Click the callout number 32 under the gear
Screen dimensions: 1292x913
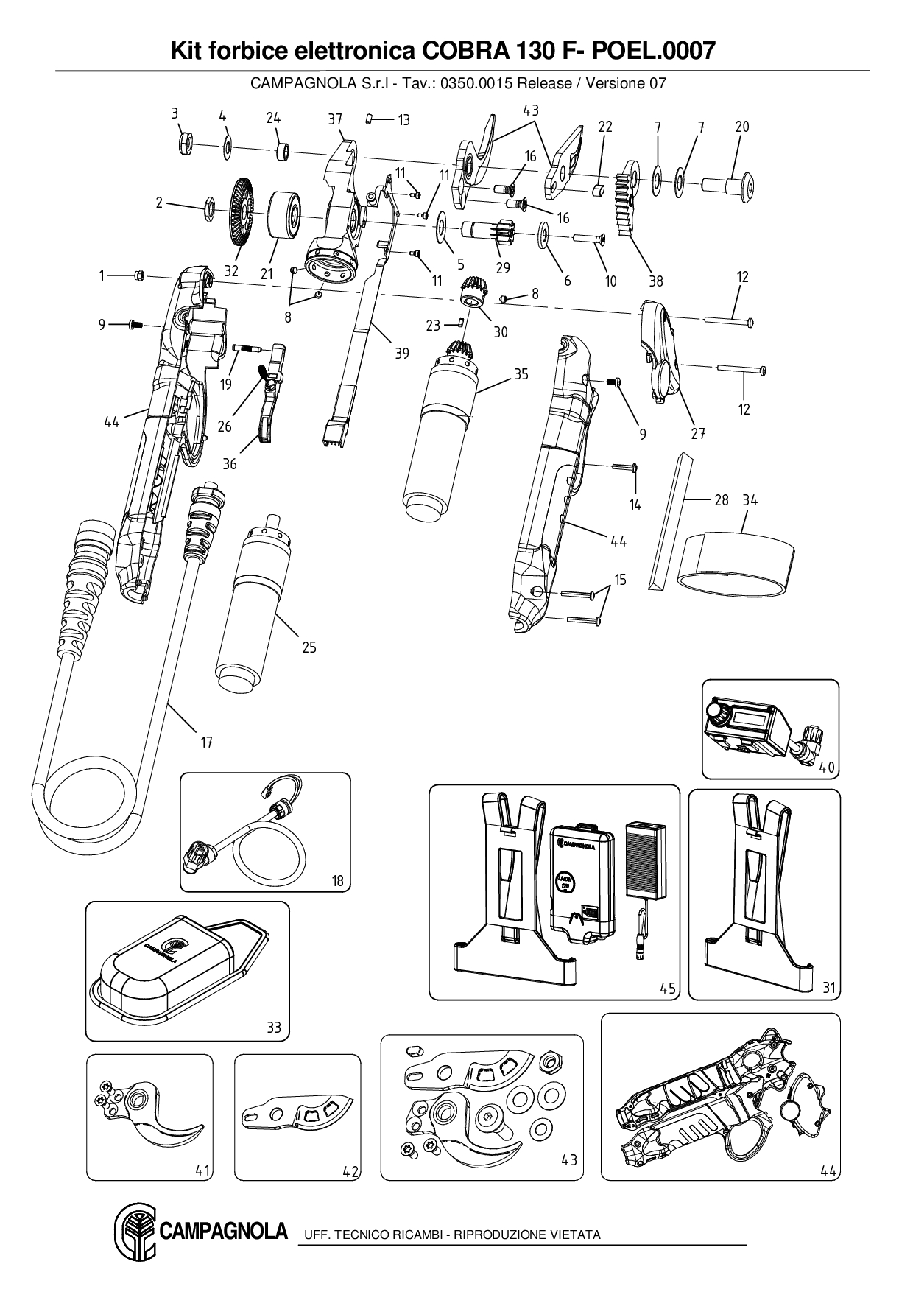(231, 271)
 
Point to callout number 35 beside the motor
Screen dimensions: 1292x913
(521, 374)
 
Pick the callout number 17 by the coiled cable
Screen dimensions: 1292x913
(207, 742)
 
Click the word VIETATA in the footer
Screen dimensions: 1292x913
(574, 1235)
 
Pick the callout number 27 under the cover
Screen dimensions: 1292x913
(698, 434)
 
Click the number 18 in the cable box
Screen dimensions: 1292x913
(337, 880)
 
